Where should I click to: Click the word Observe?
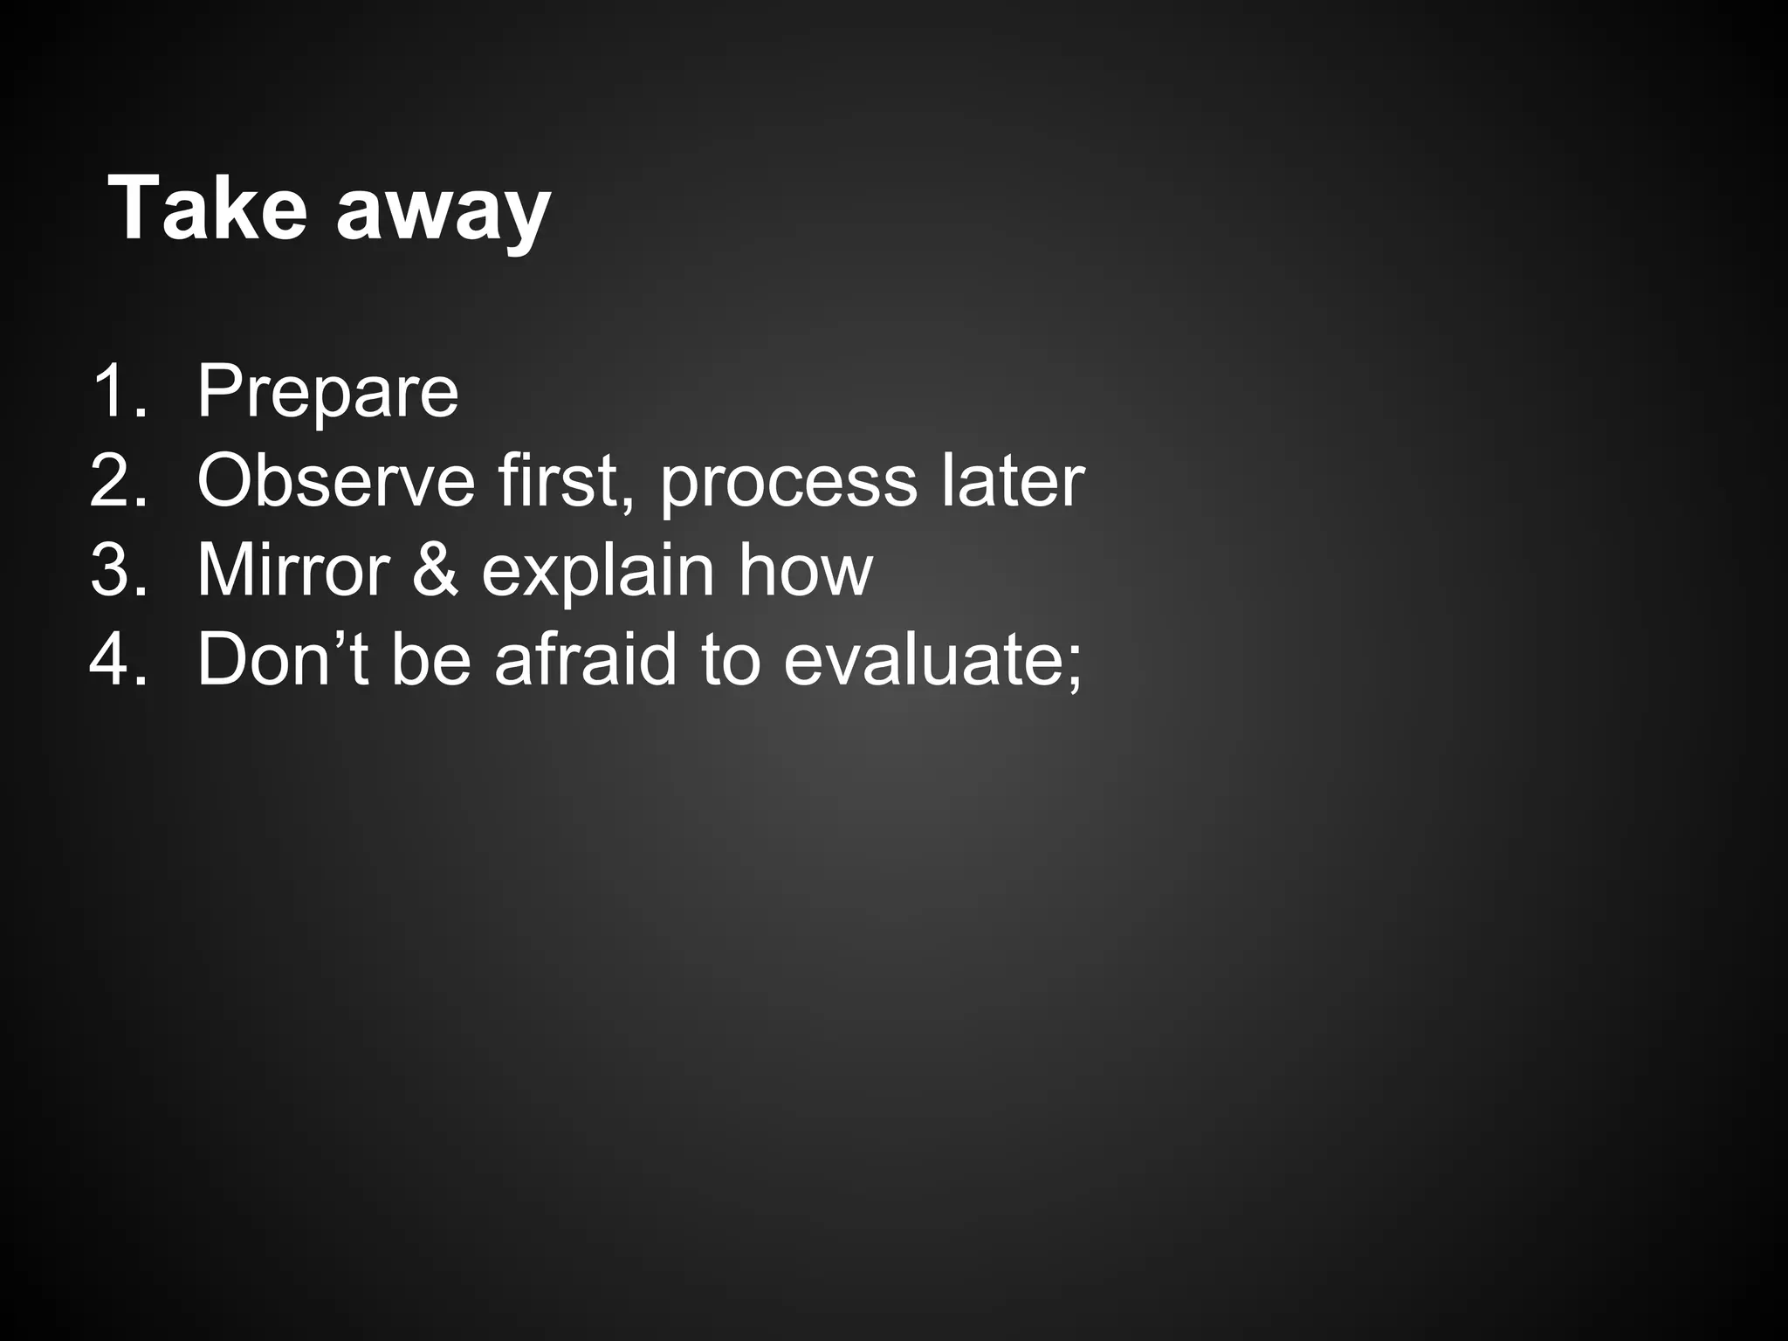tap(335, 481)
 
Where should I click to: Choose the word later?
tap(1013, 481)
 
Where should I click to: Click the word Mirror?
tap(293, 571)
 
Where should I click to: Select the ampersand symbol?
tap(435, 571)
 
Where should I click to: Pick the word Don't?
tap(283, 660)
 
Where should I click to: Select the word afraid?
tap(586, 660)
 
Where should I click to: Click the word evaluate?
tap(920, 660)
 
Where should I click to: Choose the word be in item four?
tap(431, 660)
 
